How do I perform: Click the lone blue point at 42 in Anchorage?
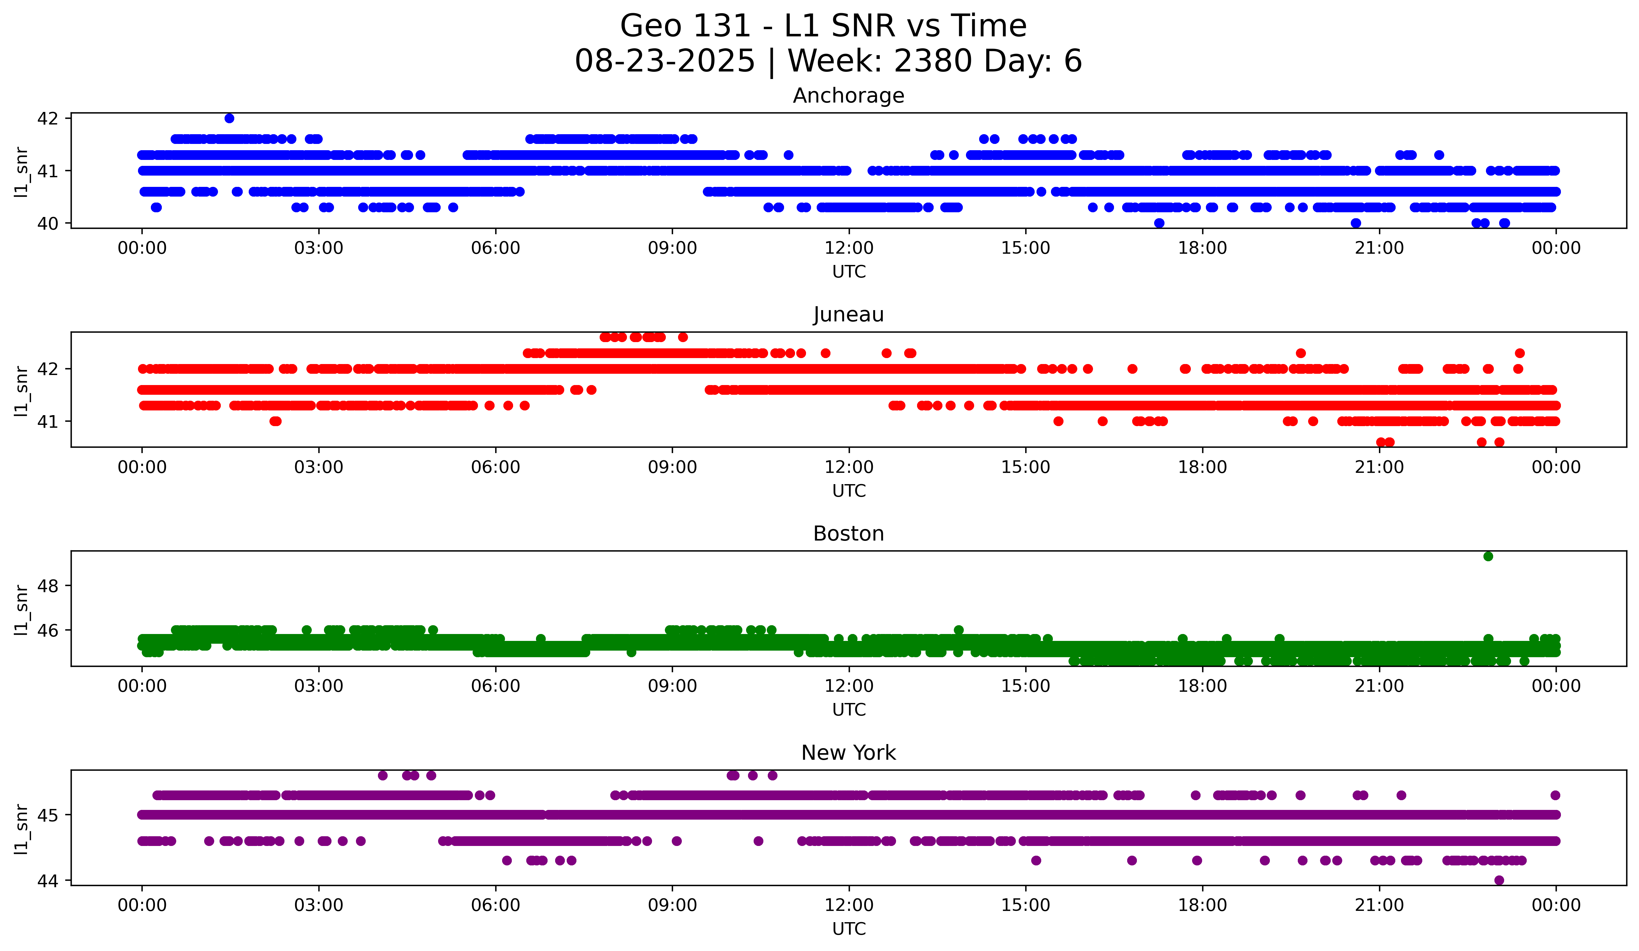point(229,118)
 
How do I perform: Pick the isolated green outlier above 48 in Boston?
point(1488,557)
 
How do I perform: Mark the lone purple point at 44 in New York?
point(1499,880)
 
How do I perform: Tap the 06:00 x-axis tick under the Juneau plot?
point(496,468)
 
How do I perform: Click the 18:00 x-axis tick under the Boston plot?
point(1202,686)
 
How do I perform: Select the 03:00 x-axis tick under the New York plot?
point(319,906)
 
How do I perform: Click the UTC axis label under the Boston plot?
point(849,710)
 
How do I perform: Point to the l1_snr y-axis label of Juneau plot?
point(21,390)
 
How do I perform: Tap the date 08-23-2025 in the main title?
point(665,61)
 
